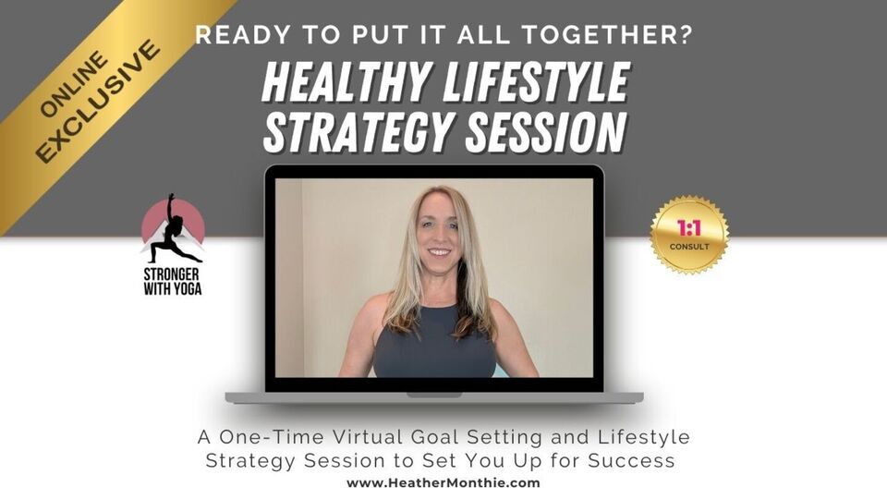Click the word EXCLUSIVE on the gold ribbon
click(97, 102)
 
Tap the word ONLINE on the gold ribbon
click(74, 84)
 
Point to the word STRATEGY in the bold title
click(358, 132)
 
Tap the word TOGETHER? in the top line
click(606, 35)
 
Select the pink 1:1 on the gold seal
click(689, 228)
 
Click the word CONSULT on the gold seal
click(689, 247)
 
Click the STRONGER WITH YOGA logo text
click(173, 282)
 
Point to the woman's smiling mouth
click(439, 252)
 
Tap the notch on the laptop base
click(434, 395)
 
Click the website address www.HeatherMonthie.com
click(443, 483)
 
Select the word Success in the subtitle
click(631, 460)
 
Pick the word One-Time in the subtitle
click(272, 437)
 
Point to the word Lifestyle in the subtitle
click(644, 438)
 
